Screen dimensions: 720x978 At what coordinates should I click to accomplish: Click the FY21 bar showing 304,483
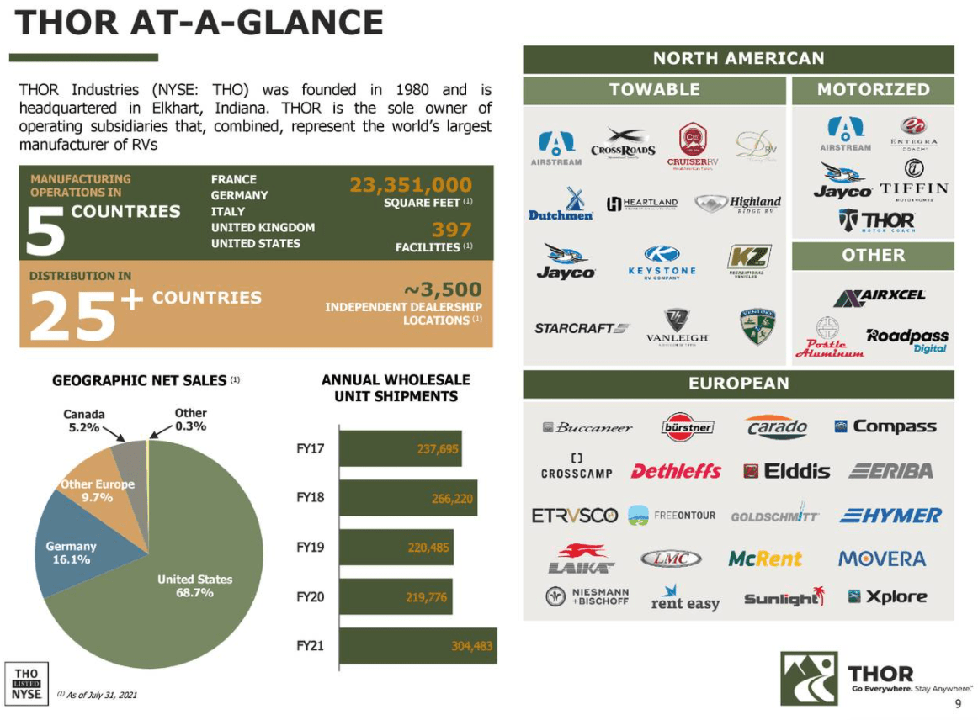coord(417,646)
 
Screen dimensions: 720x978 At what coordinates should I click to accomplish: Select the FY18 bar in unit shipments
coord(408,498)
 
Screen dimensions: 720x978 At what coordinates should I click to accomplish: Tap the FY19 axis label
coord(311,547)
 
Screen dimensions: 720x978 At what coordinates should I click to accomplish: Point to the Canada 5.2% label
coord(84,420)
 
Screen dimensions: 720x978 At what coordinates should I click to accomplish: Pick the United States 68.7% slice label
coord(194,585)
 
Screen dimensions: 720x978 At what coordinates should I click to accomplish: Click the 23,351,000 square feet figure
coord(411,185)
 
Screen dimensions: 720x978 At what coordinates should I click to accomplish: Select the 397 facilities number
coord(451,230)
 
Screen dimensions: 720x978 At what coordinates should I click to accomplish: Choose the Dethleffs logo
coord(676,471)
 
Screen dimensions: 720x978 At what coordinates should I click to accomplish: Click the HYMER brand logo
coord(890,516)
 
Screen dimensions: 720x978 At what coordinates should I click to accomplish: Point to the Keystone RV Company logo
coord(662,262)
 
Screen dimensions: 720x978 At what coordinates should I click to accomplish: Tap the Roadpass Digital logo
coord(906,340)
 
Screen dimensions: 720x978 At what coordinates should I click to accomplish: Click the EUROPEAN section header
coord(738,384)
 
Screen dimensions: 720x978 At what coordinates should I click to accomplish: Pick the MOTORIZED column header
coord(873,89)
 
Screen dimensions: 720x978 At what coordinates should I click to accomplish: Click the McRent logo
coord(765,559)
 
